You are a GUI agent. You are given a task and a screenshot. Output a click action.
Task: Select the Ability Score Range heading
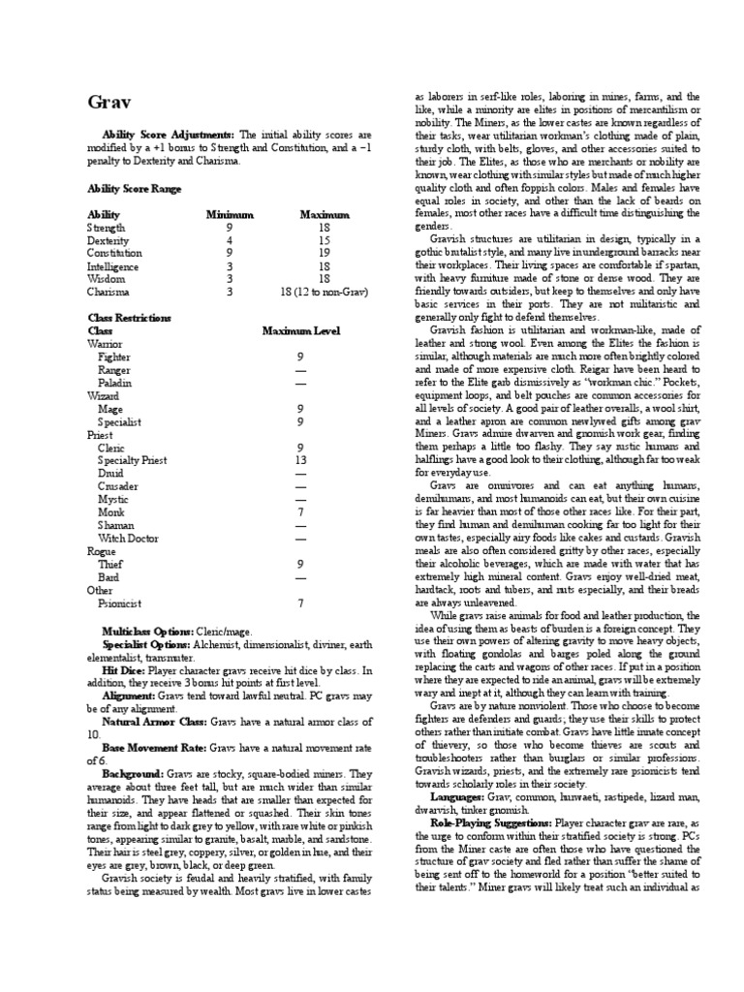pyautogui.click(x=134, y=189)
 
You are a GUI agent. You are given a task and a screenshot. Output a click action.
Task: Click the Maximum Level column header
pyautogui.click(x=301, y=330)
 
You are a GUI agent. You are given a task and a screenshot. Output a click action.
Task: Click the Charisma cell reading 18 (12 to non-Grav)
pyautogui.click(x=317, y=291)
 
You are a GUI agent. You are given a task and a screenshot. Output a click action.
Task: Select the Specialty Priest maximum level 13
pyautogui.click(x=299, y=461)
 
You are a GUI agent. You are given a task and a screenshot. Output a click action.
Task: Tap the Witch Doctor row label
pyautogui.click(x=128, y=537)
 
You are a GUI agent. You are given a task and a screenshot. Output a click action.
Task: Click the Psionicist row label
pyautogui.click(x=121, y=602)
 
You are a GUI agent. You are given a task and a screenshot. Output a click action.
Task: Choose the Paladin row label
pyautogui.click(x=115, y=383)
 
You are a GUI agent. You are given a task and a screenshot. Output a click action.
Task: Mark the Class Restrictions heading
pyautogui.click(x=129, y=317)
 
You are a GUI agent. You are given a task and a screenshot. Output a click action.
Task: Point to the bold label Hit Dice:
pyautogui.click(x=123, y=668)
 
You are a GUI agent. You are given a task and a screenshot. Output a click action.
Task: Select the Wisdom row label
pyautogui.click(x=105, y=278)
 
